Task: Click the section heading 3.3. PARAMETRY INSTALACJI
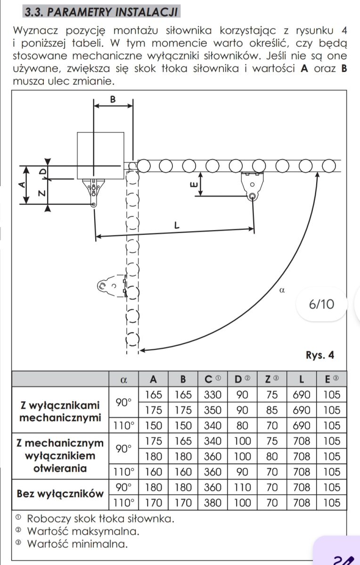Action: [x=101, y=12]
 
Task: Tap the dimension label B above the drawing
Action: [x=113, y=99]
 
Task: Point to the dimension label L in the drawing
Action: [x=177, y=225]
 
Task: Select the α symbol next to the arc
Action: [x=282, y=291]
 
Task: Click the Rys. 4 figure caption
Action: [x=320, y=355]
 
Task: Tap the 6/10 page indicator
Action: [x=321, y=304]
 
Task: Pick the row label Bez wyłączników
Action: [x=60, y=494]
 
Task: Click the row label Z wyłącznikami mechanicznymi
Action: [x=60, y=412]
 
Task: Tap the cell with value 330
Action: [x=213, y=395]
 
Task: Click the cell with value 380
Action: [x=213, y=503]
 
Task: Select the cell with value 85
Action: [x=272, y=410]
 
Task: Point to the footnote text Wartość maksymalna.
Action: [x=83, y=532]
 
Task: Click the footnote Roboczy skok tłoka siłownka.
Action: [x=101, y=519]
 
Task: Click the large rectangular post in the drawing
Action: [x=100, y=156]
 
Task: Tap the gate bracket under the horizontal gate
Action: [x=252, y=186]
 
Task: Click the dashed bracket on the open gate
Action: [x=112, y=286]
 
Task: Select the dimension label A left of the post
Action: [x=22, y=185]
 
